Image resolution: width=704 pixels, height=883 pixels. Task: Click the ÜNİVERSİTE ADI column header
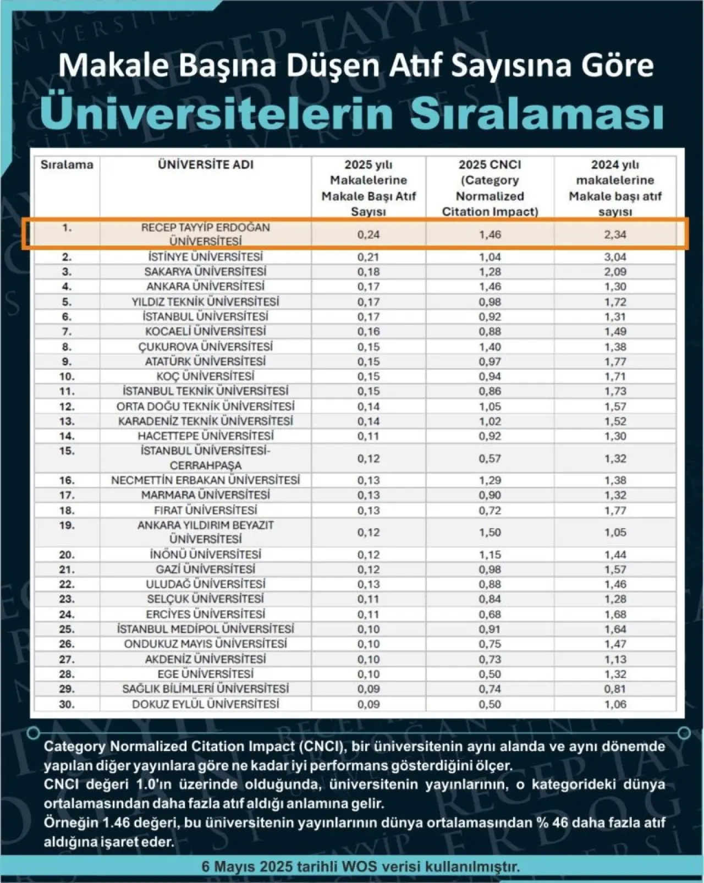tap(206, 164)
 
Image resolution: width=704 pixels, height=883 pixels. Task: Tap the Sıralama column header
tap(67, 164)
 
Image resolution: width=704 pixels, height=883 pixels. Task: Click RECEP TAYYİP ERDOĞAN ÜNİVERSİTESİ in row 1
tap(206, 234)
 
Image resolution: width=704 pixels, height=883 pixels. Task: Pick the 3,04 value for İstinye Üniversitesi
tap(615, 257)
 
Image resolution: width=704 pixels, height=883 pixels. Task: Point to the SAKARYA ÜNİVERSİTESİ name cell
tap(206, 272)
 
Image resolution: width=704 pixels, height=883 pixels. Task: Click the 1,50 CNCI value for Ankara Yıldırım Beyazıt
tap(490, 533)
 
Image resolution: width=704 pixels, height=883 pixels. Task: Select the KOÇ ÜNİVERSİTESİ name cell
tap(206, 376)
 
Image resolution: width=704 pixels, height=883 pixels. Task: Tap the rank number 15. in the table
tap(67, 451)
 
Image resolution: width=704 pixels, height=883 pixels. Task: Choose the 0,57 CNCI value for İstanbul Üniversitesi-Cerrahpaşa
tap(490, 458)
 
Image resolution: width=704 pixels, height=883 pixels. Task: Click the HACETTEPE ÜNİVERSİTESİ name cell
tap(206, 436)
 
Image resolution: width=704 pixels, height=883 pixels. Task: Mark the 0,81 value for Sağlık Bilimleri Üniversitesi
tap(615, 689)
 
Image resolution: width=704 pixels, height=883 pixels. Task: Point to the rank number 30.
tap(67, 704)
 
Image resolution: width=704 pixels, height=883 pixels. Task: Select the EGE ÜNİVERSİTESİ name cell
tap(206, 674)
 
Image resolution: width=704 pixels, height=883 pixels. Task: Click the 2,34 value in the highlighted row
tap(615, 234)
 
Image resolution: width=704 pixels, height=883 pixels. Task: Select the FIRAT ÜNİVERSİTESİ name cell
tap(206, 510)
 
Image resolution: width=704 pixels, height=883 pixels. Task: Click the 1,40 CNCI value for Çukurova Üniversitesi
tap(490, 347)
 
